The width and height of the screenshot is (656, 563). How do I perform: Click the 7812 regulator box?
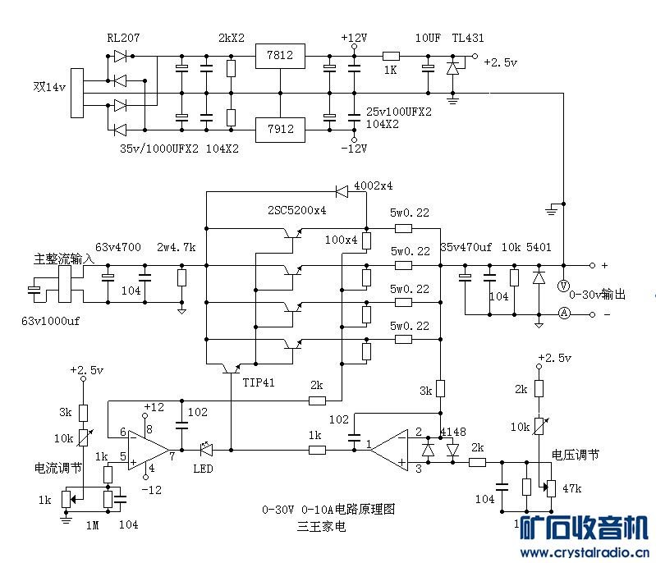coord(280,56)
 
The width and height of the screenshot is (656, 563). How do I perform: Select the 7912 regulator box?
coord(280,129)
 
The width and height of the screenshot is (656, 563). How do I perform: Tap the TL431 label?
coord(470,39)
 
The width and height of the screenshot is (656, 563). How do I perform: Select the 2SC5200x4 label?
coord(297,210)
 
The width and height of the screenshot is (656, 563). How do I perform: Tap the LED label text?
coord(204,469)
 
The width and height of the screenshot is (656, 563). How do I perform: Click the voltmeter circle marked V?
coord(563,286)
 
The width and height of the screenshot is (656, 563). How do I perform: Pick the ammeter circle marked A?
coord(563,313)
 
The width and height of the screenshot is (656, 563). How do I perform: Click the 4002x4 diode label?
coord(373,185)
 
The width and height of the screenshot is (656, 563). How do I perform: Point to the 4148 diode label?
coord(453,432)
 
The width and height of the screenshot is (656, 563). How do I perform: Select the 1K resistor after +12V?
coord(391,56)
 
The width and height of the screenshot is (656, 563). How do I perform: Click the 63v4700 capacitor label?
coord(118,247)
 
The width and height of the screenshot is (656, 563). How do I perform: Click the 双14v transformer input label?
coord(50,85)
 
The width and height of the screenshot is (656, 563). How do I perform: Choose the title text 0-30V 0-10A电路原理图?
coord(328,510)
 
